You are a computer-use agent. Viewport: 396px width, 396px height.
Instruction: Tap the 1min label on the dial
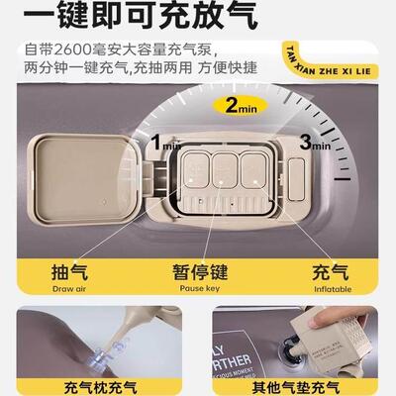click(x=163, y=145)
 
